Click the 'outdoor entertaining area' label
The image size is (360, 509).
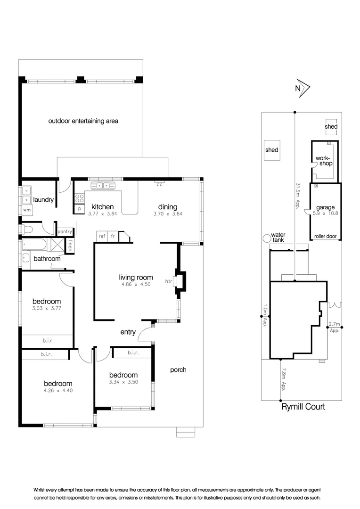(x=83, y=121)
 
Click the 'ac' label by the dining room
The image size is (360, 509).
(x=159, y=184)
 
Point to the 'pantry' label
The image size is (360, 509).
(x=64, y=232)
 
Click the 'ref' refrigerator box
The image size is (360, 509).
(x=101, y=236)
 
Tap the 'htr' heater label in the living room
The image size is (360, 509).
(x=168, y=281)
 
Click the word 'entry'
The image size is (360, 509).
(x=128, y=332)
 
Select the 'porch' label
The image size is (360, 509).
(x=178, y=370)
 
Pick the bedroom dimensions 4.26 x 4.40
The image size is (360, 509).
(x=58, y=390)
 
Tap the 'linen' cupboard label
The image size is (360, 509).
(x=70, y=245)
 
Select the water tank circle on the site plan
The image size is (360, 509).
(x=267, y=238)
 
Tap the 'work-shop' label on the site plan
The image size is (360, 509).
(x=324, y=161)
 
